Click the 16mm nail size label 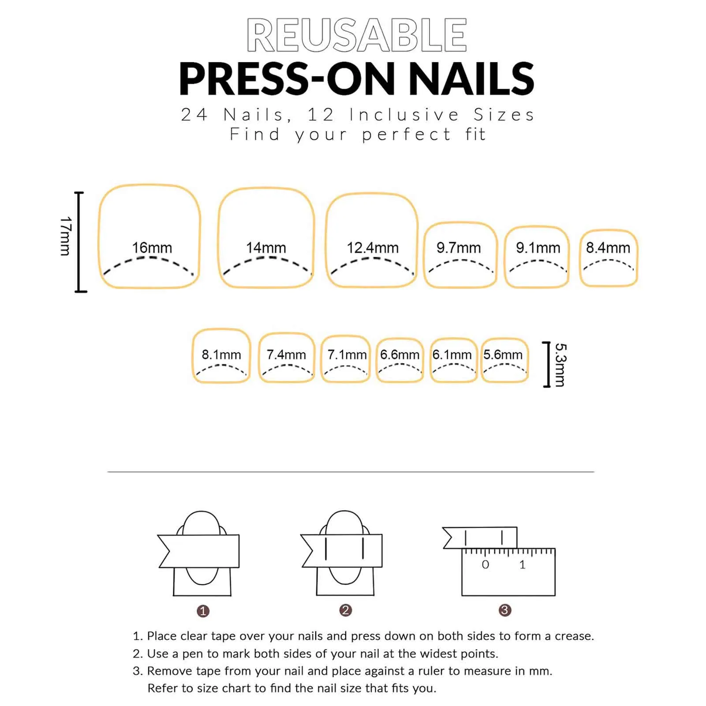coord(152,248)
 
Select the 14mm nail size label coord(266,248)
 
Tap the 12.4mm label coord(373,248)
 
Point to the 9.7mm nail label coord(459,248)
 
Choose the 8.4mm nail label coord(608,248)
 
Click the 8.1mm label coord(221,355)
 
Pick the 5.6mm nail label coord(503,355)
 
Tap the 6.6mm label coord(400,355)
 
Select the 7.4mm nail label coord(286,355)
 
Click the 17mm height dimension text coord(66,236)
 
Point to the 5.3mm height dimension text coord(560,365)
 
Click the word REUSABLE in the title coord(357,35)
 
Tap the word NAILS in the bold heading coord(471,79)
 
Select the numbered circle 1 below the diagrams coord(203,611)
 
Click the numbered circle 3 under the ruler coord(505,610)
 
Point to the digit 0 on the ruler coord(486,564)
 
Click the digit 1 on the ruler coord(523,564)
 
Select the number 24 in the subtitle coord(194,115)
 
